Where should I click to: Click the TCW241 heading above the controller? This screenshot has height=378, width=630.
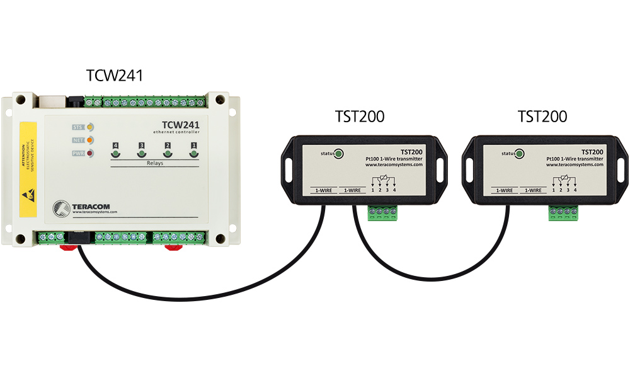tap(115, 76)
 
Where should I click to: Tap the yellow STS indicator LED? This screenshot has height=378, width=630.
tap(90, 127)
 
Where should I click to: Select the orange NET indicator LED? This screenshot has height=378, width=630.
tap(90, 139)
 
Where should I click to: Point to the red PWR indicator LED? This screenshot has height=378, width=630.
tap(90, 152)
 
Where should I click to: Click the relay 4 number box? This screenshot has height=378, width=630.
tap(115, 146)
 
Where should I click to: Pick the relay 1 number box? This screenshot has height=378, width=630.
tap(193, 146)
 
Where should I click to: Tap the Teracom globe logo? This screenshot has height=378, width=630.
tap(62, 208)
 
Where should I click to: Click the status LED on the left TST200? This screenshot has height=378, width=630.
tap(338, 153)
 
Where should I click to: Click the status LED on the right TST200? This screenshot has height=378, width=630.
tap(520, 153)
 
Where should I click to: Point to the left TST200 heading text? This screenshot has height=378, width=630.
tap(359, 117)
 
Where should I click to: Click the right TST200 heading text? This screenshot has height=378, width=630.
tap(542, 117)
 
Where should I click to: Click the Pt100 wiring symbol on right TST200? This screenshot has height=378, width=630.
tap(564, 182)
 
